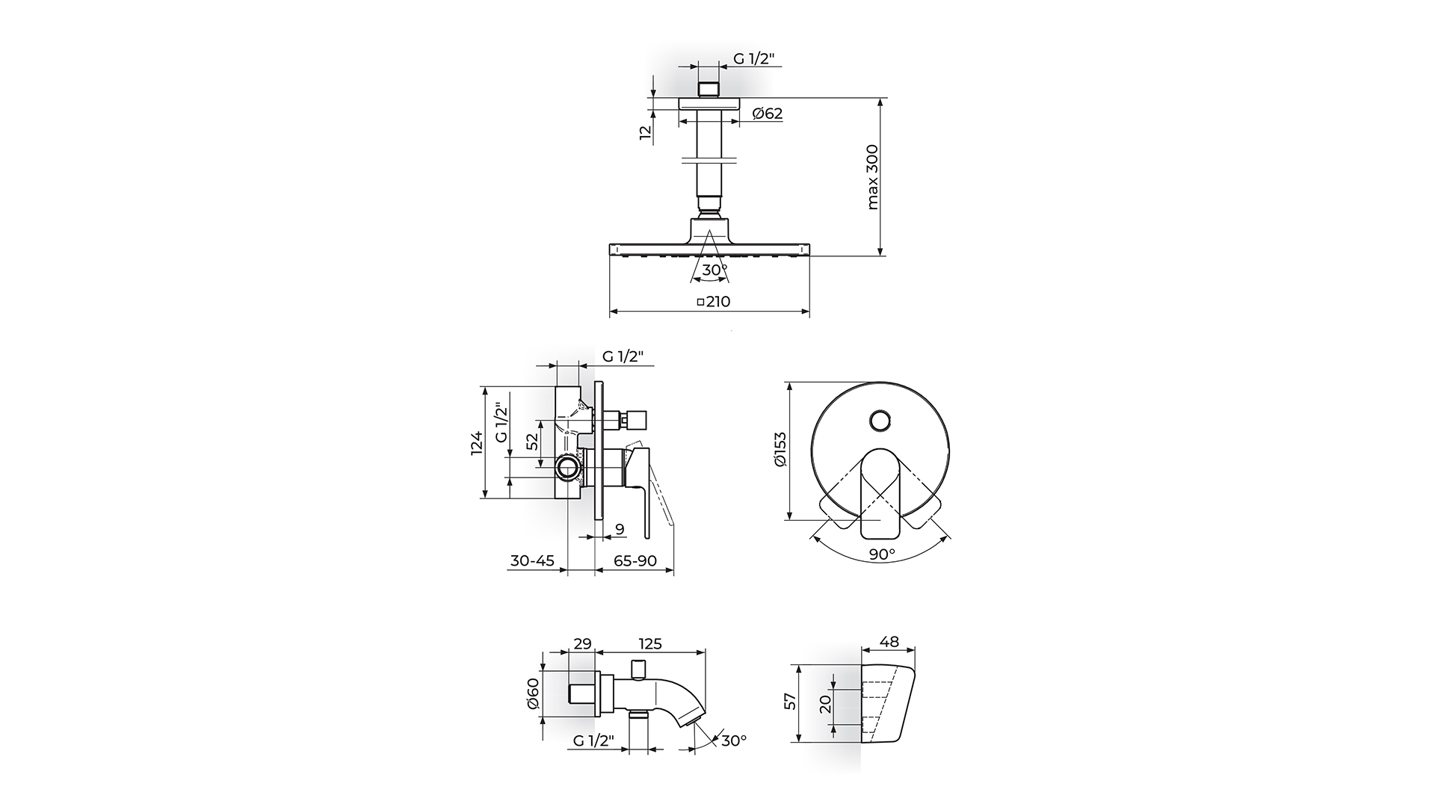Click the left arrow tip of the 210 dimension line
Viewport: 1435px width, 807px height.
coord(610,310)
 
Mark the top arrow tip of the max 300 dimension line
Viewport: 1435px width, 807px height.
coord(880,98)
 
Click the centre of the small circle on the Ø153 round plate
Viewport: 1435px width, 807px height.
coord(880,420)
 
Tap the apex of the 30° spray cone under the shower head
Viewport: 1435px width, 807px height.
coord(709,231)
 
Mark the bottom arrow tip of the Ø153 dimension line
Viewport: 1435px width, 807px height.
coord(789,520)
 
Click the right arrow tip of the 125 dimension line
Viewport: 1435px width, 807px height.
coord(706,652)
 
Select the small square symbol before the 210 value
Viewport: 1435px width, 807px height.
coord(700,303)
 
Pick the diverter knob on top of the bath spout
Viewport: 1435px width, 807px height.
coord(639,670)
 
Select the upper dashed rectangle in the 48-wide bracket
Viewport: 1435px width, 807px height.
coord(878,689)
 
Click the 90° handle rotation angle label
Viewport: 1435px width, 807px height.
coord(882,554)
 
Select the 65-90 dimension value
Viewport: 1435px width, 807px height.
coord(635,560)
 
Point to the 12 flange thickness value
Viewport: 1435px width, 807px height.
coord(646,132)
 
